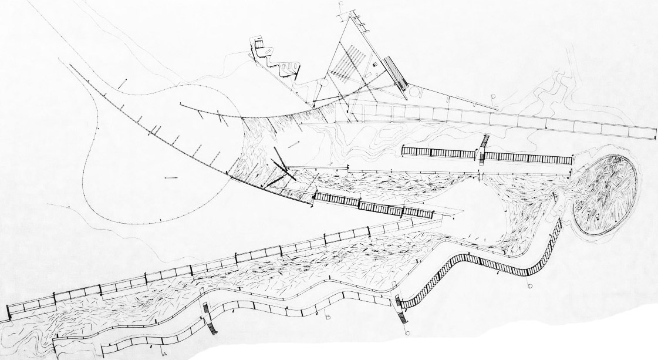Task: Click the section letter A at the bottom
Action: point(165,354)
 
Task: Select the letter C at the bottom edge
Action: point(407,334)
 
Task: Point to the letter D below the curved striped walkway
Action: point(530,285)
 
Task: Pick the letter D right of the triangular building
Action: point(494,96)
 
